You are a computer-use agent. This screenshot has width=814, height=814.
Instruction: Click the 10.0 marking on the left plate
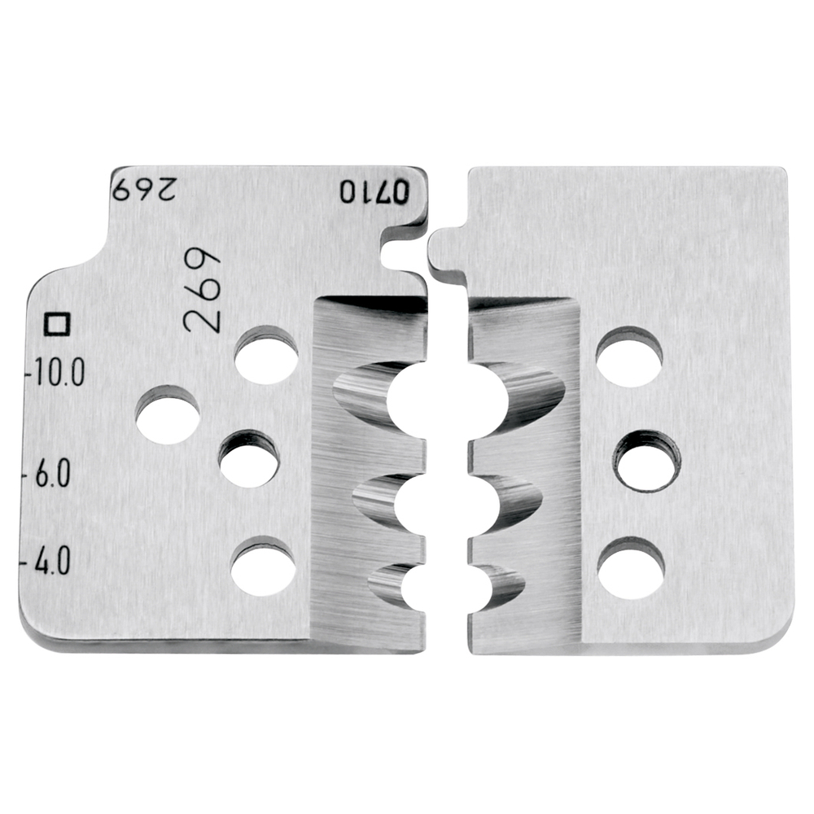tap(58, 372)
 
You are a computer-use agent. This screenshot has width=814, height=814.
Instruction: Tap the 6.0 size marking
tap(52, 473)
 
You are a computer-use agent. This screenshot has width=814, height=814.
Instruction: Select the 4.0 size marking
tap(52, 561)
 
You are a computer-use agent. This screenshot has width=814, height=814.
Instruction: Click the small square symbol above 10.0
tap(58, 324)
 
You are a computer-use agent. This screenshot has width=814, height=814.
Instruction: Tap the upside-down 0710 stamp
tap(374, 191)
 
